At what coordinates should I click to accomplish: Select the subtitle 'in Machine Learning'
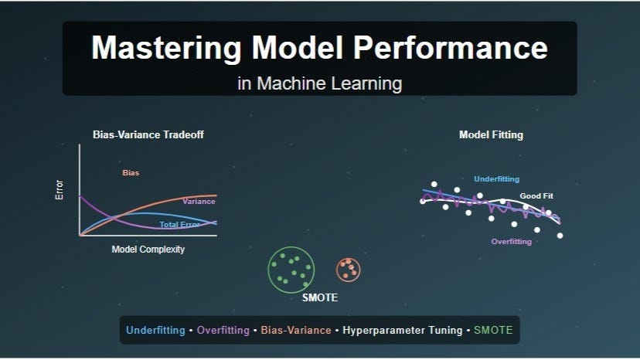click(x=319, y=83)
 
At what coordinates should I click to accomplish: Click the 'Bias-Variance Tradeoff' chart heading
click(x=148, y=134)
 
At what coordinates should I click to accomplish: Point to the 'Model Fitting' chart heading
click(x=491, y=134)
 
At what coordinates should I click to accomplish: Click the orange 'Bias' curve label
click(x=131, y=173)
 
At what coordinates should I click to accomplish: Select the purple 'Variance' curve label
click(x=199, y=202)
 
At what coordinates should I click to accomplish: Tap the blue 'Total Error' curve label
click(x=179, y=225)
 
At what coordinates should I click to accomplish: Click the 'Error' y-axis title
click(x=60, y=190)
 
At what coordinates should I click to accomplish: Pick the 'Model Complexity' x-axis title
click(x=148, y=250)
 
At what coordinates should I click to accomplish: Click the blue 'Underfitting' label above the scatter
click(x=496, y=179)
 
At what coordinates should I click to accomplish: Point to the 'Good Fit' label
click(x=536, y=196)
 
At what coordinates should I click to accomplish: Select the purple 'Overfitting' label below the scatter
click(x=512, y=242)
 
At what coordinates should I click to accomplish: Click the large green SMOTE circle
click(x=291, y=268)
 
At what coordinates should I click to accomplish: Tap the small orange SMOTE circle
click(x=349, y=269)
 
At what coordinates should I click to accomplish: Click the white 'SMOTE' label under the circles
click(x=319, y=298)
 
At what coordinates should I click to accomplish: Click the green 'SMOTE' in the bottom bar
click(x=492, y=331)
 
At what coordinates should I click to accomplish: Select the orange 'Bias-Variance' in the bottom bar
click(x=293, y=331)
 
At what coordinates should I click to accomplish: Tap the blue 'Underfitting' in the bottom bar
click(x=156, y=331)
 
